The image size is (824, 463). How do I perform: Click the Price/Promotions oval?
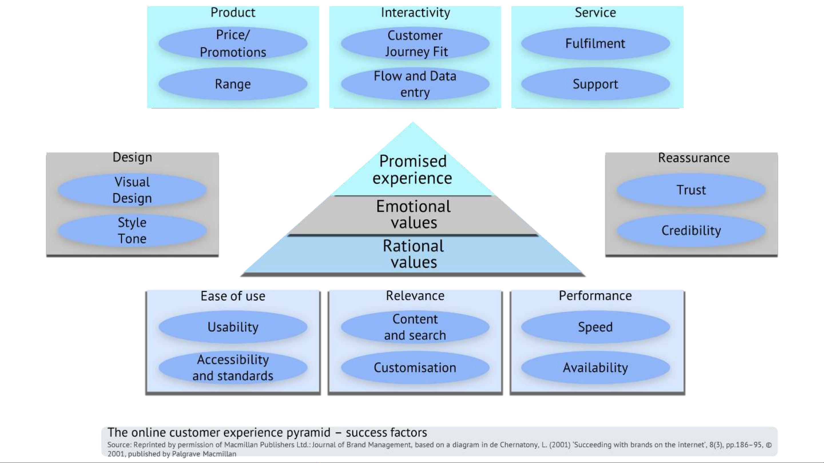pos(233,43)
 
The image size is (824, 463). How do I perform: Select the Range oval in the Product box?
pos(233,84)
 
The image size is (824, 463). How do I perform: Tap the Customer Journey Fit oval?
pos(415,43)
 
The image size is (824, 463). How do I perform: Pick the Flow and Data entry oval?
pos(415,84)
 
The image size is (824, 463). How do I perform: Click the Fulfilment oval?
pos(595,43)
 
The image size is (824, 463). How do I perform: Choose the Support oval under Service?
pos(595,84)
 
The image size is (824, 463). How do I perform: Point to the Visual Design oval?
pos(132,190)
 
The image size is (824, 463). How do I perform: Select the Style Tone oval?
pos(132,231)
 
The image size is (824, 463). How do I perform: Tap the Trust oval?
pos(691,190)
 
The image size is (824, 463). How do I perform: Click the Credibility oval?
pos(691,231)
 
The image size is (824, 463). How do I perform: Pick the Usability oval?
pos(233,327)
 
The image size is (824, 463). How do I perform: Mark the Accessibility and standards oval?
pos(233,368)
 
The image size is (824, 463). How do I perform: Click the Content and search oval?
pos(415,327)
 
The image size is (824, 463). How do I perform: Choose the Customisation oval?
pos(415,368)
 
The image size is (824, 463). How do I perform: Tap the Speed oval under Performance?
pos(595,327)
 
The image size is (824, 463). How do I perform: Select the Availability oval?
pos(595,368)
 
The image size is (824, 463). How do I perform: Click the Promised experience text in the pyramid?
pos(413,169)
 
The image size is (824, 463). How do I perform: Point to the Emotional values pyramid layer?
pos(413,215)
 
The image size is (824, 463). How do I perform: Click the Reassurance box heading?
pos(694,158)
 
